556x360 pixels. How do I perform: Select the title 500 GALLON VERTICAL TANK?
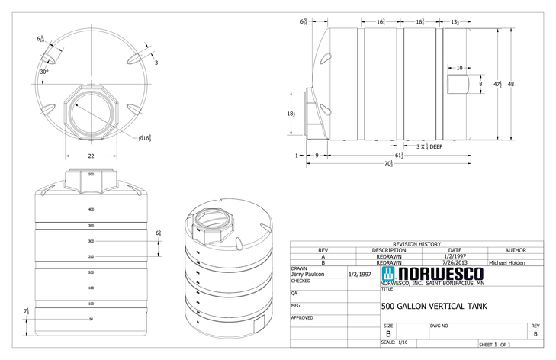tap(432, 307)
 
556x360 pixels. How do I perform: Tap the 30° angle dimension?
tap(44, 72)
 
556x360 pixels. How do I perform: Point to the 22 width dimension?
tap(90, 156)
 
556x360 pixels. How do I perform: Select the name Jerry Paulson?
tap(308, 274)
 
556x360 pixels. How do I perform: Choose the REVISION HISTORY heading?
tap(416, 244)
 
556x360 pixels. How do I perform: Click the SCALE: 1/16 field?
tap(394, 342)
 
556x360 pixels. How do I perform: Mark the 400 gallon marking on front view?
tap(90, 208)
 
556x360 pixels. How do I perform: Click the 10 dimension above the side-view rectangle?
tap(458, 68)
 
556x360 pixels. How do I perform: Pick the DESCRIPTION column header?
tap(389, 250)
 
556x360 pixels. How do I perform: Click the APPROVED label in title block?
tap(302, 317)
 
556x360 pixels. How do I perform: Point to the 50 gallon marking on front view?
tap(90, 319)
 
